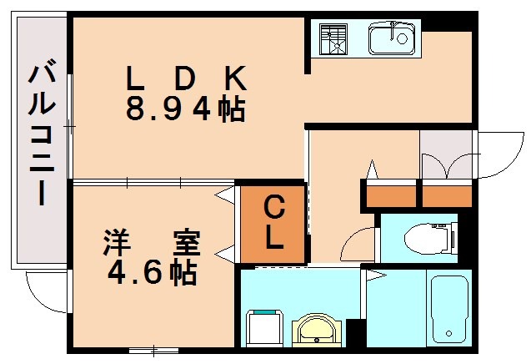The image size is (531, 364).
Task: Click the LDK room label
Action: click(186, 78)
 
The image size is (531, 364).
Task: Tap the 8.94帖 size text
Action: click(186, 109)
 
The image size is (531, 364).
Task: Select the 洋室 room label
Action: click(152, 243)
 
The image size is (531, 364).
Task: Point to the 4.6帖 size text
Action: click(153, 271)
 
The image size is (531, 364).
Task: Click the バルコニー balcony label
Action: click(42, 132)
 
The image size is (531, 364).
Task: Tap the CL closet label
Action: click(273, 223)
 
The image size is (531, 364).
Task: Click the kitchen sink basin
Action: click(392, 38)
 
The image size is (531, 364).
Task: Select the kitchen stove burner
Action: click(333, 39)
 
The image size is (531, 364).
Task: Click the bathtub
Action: click(449, 309)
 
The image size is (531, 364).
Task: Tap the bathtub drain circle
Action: click(449, 333)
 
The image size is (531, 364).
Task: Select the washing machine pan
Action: click(265, 328)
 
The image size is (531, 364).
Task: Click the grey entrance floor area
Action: click(446, 154)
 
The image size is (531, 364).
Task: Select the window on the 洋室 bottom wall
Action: click(153, 351)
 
